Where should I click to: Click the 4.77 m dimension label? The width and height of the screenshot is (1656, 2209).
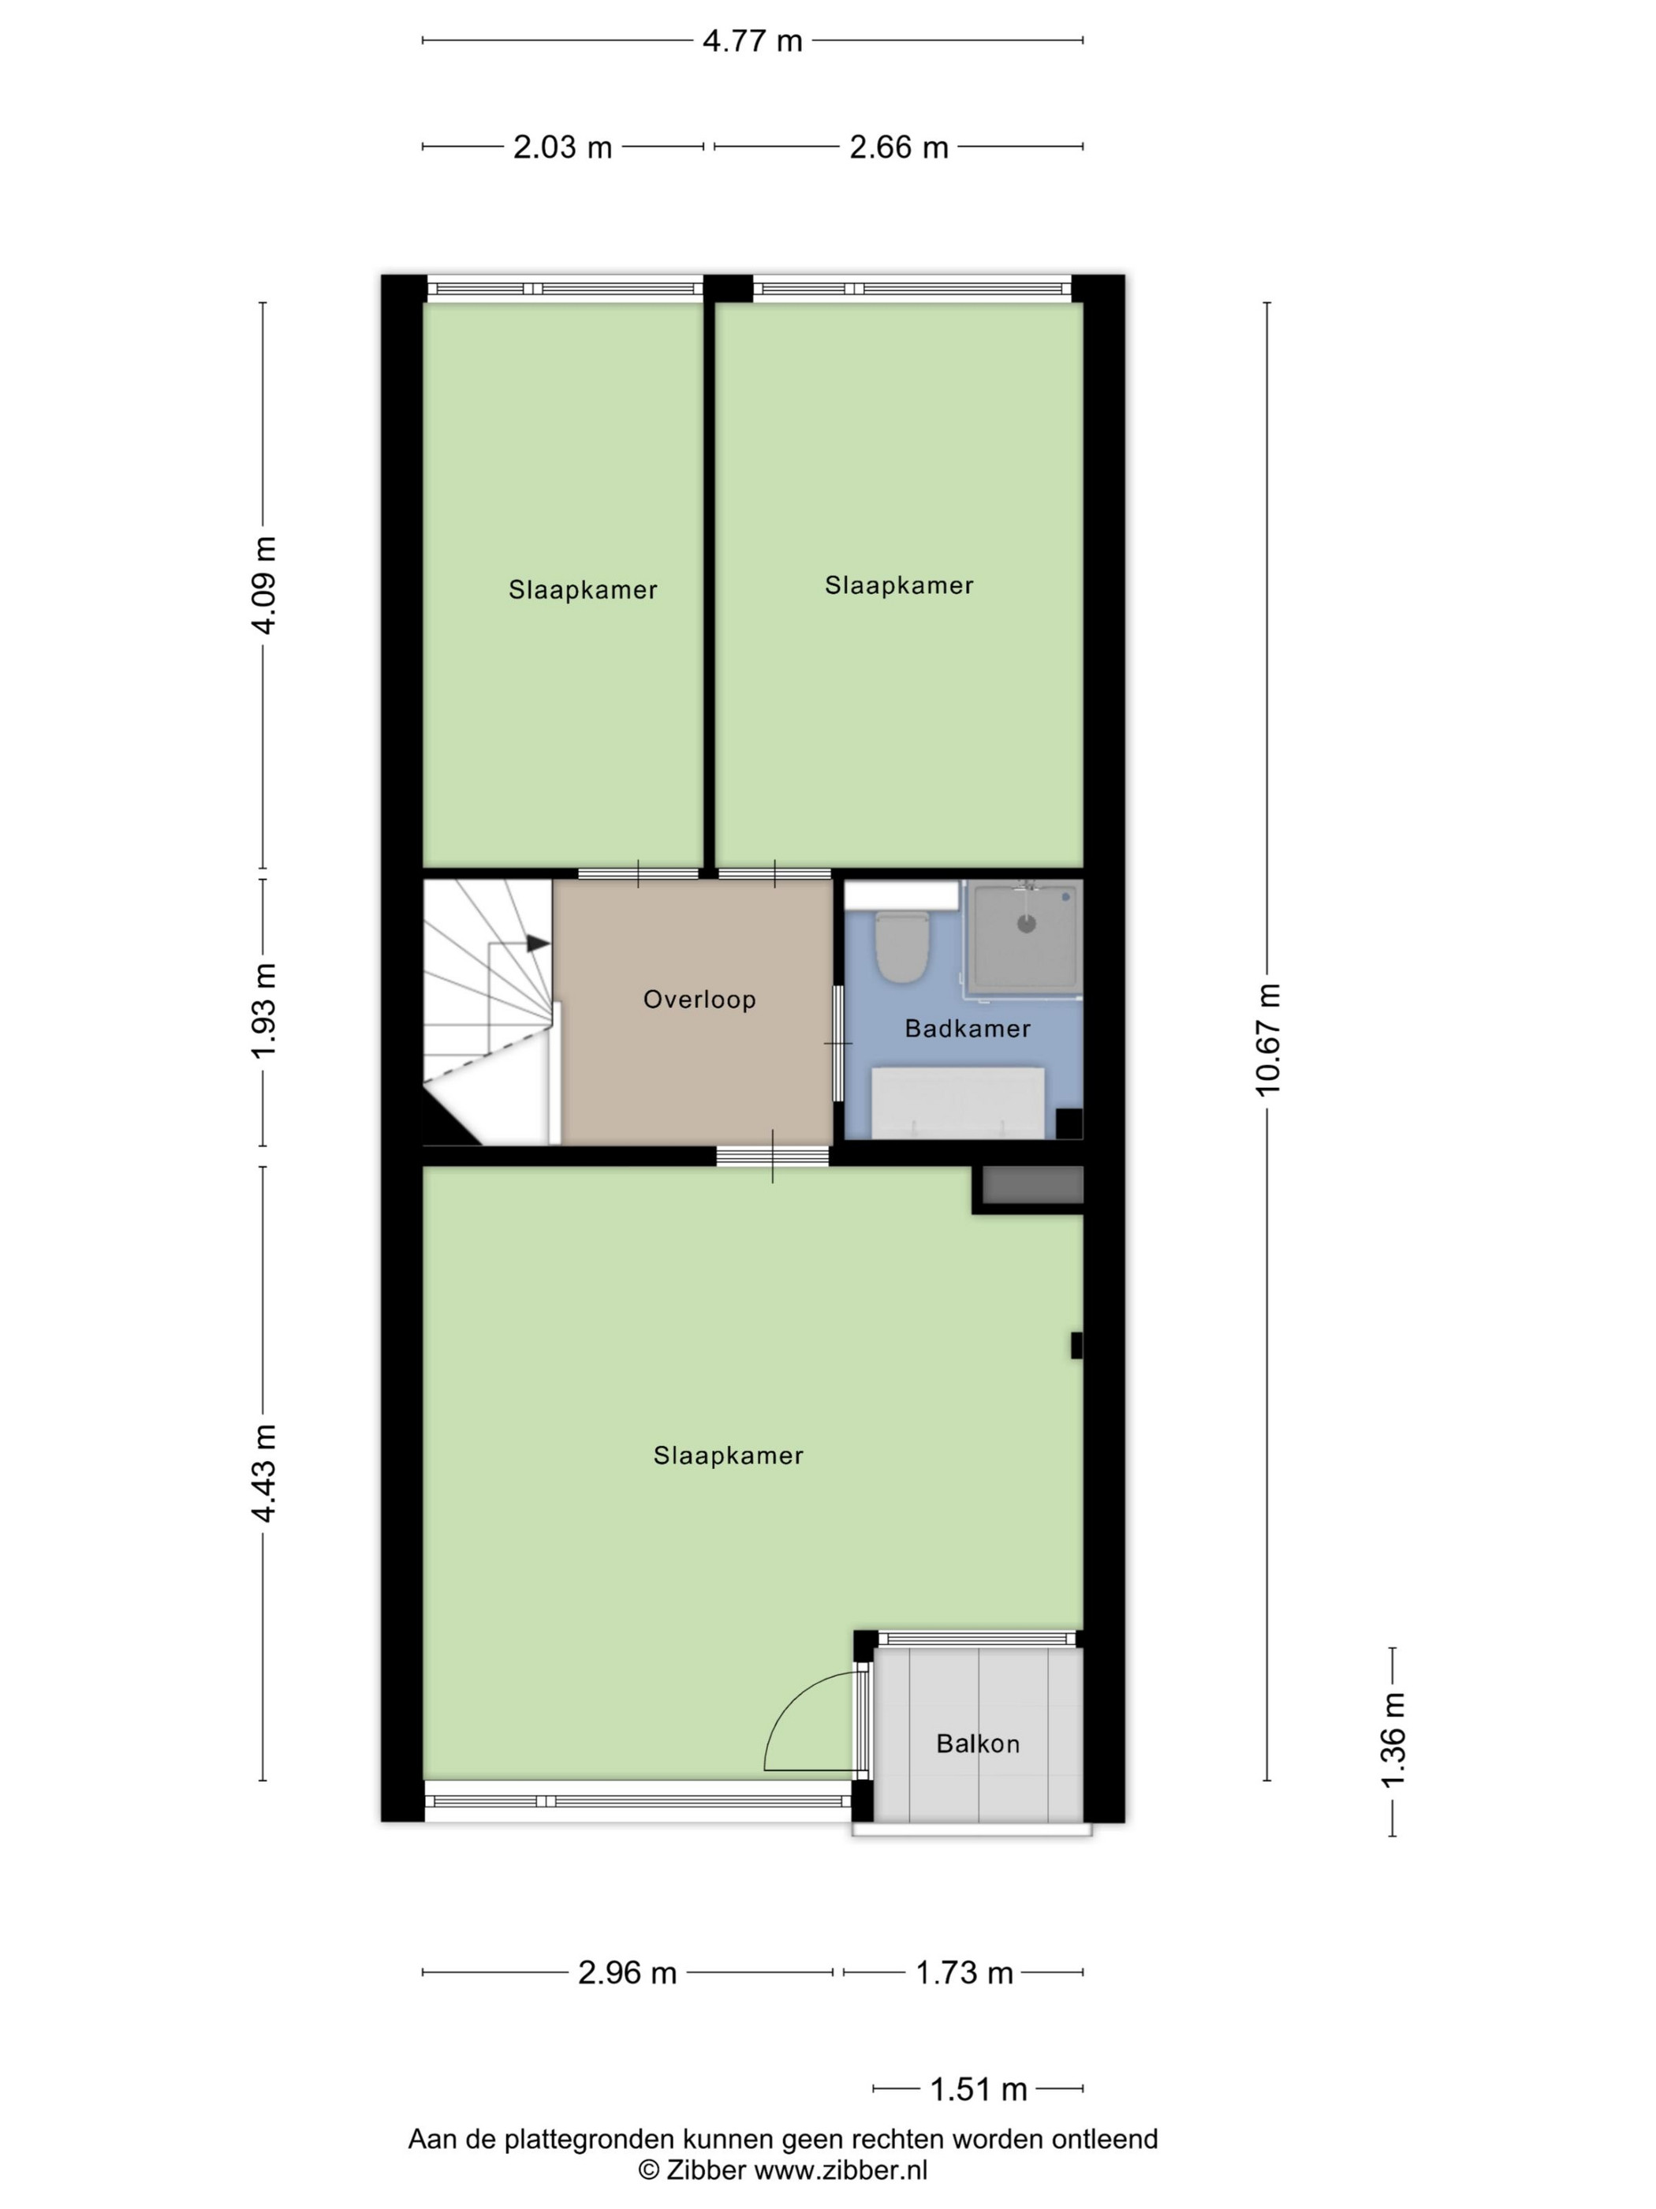[x=752, y=41]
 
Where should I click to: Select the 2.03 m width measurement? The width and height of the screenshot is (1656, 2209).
[x=563, y=147]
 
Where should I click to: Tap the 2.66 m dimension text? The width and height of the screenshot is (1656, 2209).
[x=898, y=147]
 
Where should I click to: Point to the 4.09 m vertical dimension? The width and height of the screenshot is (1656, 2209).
[x=263, y=585]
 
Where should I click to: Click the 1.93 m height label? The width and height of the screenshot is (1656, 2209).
[x=263, y=1011]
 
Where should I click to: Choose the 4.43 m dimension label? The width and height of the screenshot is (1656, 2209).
[x=263, y=1473]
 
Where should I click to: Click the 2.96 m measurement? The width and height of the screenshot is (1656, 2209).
[x=628, y=1972]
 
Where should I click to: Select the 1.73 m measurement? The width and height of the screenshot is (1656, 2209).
[x=964, y=1972]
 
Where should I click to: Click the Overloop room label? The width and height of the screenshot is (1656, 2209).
[x=699, y=999]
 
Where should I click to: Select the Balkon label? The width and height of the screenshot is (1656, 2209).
[x=979, y=1744]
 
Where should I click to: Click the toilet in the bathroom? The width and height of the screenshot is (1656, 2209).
[x=902, y=944]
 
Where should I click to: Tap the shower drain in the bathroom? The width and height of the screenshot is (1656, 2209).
[x=1026, y=924]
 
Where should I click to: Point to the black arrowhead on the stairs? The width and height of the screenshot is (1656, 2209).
[x=538, y=943]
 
